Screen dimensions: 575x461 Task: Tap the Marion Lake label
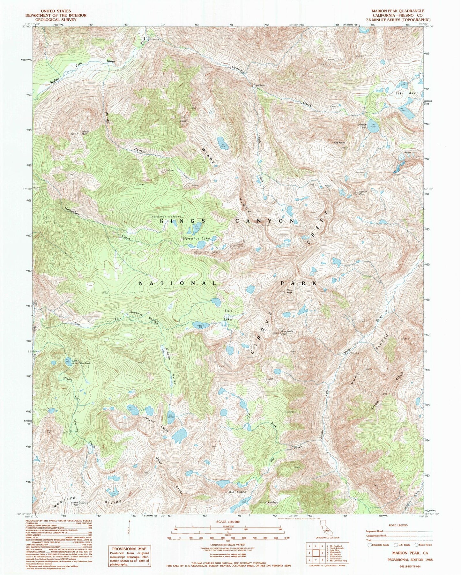pos(362,126)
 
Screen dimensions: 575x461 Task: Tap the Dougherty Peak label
pos(287,332)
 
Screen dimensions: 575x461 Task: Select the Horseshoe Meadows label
pos(166,217)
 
